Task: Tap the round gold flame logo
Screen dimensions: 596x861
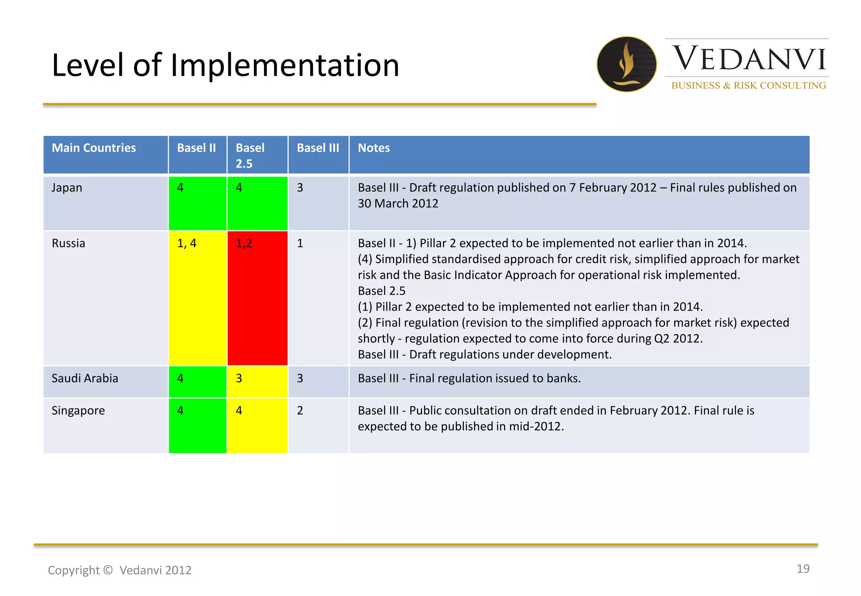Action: [x=626, y=64]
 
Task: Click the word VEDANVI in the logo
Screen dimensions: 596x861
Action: [x=749, y=59]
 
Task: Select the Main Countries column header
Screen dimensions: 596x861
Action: [x=94, y=148]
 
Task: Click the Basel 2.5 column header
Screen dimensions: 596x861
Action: [x=251, y=155]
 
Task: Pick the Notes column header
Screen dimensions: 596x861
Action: [x=374, y=148]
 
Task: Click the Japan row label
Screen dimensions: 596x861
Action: [x=67, y=187]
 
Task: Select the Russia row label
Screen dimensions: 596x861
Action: [x=68, y=243]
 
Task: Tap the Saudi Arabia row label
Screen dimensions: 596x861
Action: [x=85, y=378]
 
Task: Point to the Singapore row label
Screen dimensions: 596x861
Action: [x=78, y=411]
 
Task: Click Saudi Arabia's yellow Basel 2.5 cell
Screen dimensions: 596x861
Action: [x=257, y=382]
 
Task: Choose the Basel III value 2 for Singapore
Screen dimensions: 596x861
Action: [x=300, y=411]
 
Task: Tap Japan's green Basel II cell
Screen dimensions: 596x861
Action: [x=198, y=203]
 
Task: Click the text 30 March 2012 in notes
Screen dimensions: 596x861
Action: [x=398, y=203]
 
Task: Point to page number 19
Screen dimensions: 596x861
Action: [x=803, y=569]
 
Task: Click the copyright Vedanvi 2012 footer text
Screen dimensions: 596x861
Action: [x=119, y=570]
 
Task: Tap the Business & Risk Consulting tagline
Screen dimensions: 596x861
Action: [x=748, y=85]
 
